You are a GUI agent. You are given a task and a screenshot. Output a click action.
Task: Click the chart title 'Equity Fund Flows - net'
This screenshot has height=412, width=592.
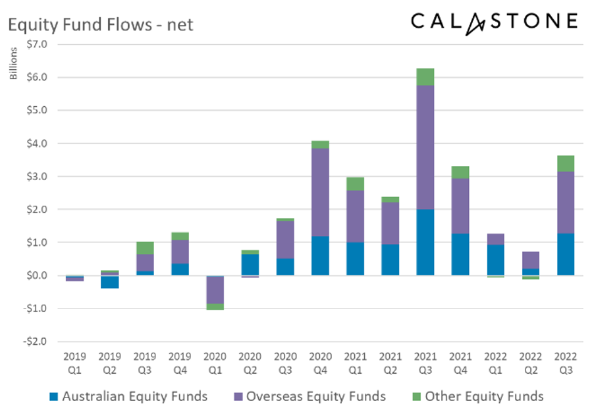[101, 26]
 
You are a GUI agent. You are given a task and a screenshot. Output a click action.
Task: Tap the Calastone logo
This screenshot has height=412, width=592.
[494, 22]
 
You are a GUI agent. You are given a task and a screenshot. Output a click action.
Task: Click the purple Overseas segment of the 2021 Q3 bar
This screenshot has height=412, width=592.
[425, 147]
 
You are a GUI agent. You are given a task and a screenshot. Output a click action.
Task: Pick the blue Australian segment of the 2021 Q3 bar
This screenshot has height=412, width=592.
[425, 242]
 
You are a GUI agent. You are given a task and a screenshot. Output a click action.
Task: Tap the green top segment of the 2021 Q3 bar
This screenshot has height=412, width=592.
[425, 76]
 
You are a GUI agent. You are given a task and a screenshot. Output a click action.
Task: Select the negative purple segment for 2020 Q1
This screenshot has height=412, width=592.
[215, 289]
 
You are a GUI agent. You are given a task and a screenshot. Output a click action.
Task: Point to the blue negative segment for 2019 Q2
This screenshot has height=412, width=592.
[110, 282]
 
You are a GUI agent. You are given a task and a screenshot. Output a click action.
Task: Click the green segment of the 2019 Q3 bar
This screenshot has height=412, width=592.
[145, 248]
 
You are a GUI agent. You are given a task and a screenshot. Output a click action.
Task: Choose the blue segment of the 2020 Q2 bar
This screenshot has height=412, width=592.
[250, 264]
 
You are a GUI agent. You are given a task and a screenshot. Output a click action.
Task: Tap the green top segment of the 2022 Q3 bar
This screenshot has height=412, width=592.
[565, 163]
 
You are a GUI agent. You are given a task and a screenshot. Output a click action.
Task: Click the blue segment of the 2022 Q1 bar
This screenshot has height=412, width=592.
[495, 260]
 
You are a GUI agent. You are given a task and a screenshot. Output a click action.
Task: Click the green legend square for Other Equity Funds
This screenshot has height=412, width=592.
[416, 397]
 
